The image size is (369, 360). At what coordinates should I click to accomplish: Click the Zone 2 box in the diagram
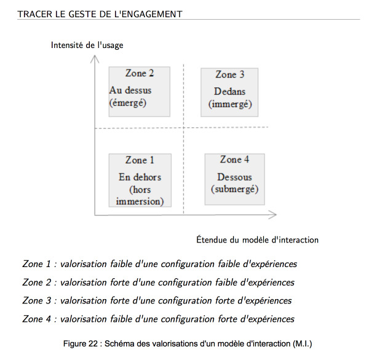[140, 92]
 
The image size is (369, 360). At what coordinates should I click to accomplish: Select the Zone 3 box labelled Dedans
[229, 92]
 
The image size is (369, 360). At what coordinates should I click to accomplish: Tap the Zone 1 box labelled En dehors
[140, 180]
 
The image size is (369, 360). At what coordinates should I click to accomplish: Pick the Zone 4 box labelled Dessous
[235, 179]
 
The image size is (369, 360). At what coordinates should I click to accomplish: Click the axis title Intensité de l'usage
[87, 45]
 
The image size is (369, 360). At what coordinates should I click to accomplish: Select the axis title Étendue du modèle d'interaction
[257, 240]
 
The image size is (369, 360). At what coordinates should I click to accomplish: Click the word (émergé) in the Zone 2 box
[128, 103]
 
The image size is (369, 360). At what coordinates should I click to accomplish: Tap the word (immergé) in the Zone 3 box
[230, 104]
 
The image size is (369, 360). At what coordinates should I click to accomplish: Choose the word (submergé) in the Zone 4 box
[235, 189]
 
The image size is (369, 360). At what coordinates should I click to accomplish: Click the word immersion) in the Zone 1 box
[140, 202]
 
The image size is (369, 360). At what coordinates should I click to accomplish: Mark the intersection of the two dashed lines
[183, 127]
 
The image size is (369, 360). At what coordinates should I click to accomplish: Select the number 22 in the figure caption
[93, 344]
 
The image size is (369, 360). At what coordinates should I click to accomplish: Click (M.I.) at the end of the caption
[303, 344]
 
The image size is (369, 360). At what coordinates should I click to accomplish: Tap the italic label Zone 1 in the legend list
[36, 264]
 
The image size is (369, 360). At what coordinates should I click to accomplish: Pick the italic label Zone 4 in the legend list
[36, 319]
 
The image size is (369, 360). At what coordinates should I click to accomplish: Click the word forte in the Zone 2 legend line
[120, 282]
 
